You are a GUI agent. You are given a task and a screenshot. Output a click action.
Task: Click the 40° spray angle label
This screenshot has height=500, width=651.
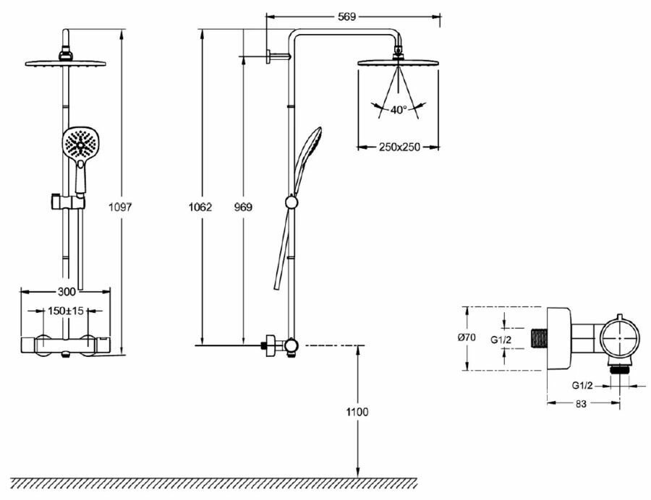tap(399, 110)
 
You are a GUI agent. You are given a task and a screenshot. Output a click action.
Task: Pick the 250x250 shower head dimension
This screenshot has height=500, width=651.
tap(399, 147)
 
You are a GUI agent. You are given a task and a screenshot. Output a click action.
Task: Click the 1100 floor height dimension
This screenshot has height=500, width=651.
tap(357, 412)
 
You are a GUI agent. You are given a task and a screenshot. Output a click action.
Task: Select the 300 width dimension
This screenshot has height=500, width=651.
tap(67, 292)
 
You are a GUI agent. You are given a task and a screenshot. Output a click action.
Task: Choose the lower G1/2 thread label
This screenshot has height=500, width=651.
tap(583, 385)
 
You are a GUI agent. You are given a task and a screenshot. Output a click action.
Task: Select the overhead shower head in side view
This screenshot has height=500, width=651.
tap(399, 62)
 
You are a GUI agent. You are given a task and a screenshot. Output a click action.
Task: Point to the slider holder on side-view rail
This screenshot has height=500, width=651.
tap(291, 204)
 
